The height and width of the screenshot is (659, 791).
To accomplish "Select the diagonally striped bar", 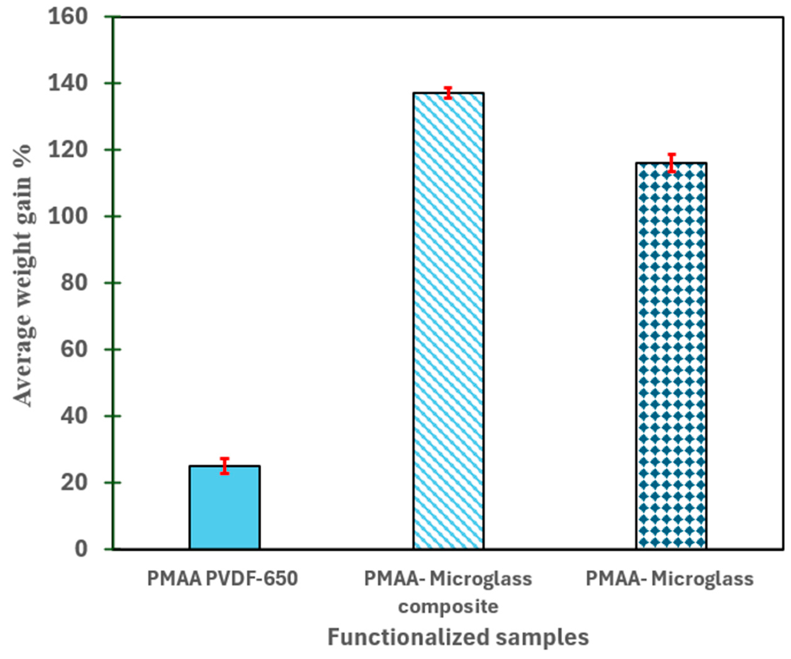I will click(448, 320).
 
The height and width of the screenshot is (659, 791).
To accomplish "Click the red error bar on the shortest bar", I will click(224, 466).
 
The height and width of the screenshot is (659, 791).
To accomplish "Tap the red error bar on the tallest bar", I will click(448, 92).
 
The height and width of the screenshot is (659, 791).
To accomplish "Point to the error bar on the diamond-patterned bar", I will click(672, 163).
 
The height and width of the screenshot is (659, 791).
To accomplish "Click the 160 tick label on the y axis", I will click(68, 17).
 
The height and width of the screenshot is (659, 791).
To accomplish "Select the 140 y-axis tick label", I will click(68, 84).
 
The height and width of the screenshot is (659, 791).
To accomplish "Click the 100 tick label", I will click(68, 217).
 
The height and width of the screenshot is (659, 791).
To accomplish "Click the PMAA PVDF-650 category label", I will click(222, 579).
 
